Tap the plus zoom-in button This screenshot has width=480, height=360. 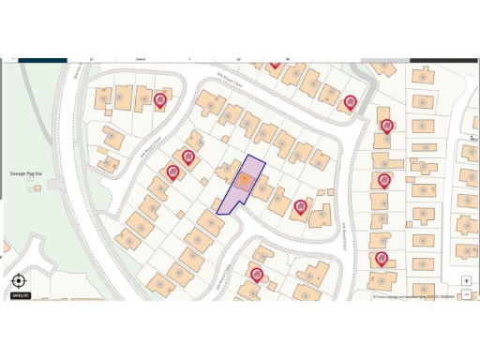[x=466, y=280]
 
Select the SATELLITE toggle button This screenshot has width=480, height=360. [x=20, y=295]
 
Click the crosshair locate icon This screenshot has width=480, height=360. [x=19, y=280]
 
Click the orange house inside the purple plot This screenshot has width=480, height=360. [x=244, y=180]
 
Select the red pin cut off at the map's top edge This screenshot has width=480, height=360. [x=275, y=64]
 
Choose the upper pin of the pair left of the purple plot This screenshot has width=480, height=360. [x=188, y=157]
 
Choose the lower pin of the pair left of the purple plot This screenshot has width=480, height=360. [x=172, y=171]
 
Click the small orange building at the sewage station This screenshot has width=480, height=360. [x=37, y=187]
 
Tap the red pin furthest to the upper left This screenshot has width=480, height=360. [x=160, y=98]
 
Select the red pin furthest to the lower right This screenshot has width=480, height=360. [x=382, y=258]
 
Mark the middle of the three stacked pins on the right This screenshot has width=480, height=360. [x=383, y=180]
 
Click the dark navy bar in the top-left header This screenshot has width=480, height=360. [x=42, y=60]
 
